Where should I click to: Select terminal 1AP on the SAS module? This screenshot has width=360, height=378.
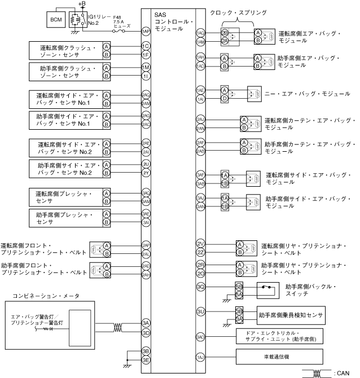146,32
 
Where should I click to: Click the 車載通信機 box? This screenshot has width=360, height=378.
279,357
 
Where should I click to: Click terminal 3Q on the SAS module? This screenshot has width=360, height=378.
200,287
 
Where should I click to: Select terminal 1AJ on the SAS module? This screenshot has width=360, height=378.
200,357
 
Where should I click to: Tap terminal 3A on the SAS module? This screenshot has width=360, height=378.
146,323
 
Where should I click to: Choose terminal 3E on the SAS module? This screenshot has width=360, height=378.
146,359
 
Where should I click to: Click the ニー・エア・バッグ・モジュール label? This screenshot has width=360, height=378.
305,94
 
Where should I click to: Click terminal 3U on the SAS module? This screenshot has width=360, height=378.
200,311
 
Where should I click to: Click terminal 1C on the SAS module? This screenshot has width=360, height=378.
146,46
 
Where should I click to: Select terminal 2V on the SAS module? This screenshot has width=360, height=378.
200,243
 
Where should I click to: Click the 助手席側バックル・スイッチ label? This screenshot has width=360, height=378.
310,291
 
